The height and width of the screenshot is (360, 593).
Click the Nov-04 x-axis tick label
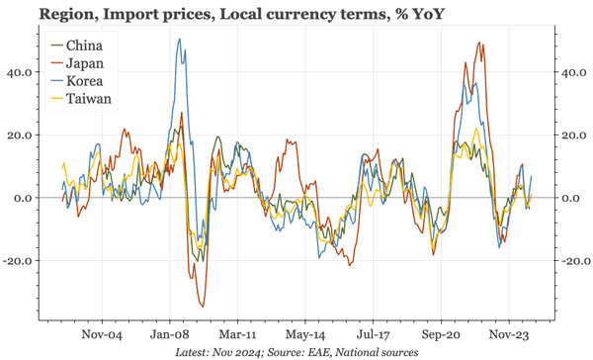point(101,333)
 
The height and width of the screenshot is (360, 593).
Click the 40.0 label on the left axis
point(21,72)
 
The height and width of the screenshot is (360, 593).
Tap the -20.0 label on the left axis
point(19,261)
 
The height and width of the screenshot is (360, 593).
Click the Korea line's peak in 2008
point(179,40)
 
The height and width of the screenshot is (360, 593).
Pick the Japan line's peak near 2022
point(479,44)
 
